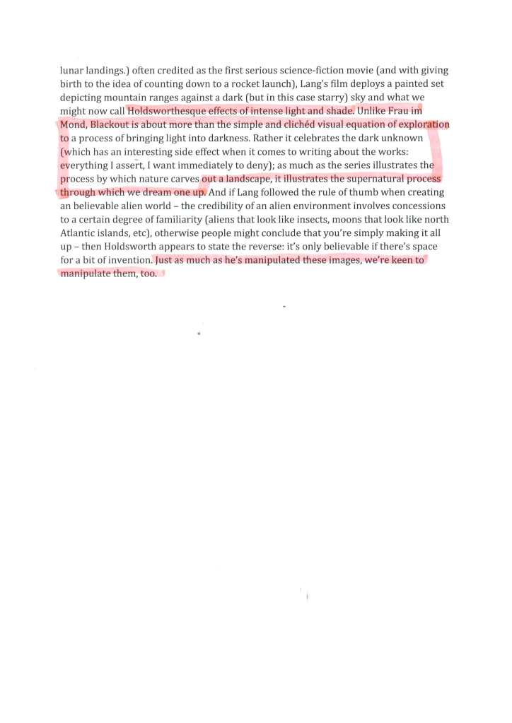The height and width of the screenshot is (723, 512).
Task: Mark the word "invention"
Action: [129, 260]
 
